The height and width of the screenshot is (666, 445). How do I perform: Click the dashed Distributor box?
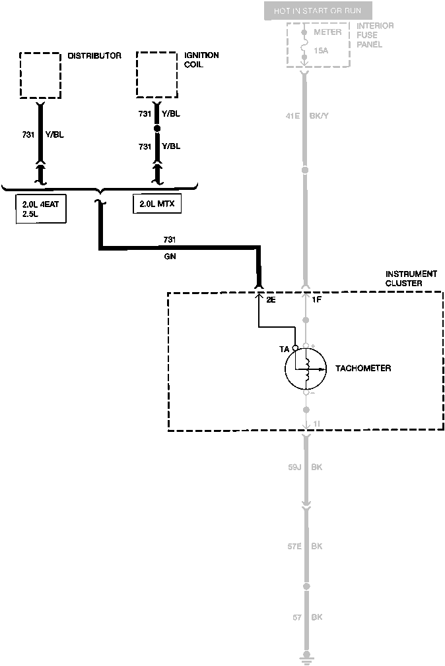click(40, 75)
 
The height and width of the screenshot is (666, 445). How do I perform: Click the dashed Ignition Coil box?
click(156, 75)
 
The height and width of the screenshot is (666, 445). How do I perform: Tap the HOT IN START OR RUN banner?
click(318, 11)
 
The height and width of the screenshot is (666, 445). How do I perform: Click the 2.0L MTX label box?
click(156, 204)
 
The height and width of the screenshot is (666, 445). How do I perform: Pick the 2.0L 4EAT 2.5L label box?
click(40, 209)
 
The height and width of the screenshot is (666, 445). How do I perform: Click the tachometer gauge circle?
click(305, 369)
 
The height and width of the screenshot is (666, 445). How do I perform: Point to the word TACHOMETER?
click(363, 368)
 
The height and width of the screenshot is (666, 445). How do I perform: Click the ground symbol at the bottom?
click(305, 656)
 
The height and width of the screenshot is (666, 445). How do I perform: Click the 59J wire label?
click(294, 468)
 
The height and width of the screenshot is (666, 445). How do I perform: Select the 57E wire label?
click(294, 547)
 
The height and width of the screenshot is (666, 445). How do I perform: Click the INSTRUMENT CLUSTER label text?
click(411, 278)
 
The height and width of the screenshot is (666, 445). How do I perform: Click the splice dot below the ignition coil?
click(157, 129)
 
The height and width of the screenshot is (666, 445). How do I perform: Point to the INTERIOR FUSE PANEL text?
click(375, 35)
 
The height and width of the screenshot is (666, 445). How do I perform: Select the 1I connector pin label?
click(317, 423)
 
